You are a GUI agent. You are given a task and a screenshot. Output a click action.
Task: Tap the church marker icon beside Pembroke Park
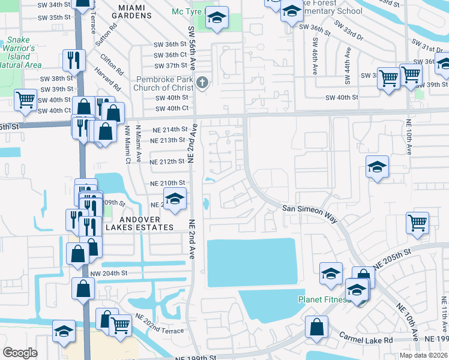203,82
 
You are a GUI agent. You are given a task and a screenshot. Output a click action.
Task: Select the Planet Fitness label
324,299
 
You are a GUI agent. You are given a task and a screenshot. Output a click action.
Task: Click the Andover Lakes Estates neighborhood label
140,223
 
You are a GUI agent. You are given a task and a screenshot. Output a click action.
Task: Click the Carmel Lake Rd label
366,340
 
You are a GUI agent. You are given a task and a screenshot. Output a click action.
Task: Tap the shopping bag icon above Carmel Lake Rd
316,328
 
